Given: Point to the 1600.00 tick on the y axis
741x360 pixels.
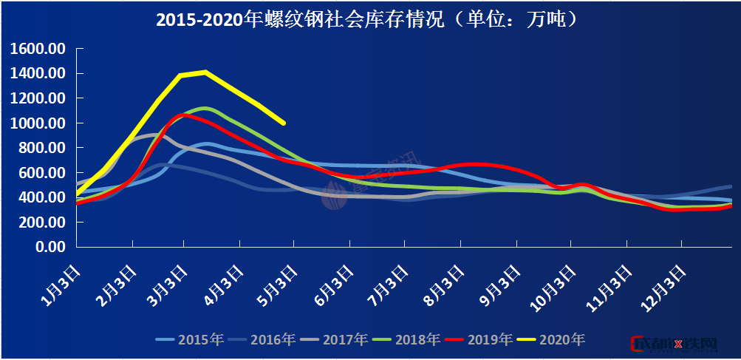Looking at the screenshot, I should (39, 49).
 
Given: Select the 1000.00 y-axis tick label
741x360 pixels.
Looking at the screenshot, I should (39, 123).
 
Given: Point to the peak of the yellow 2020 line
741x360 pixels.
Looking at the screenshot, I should (205, 72).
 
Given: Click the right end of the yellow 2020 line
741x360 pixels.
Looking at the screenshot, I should (284, 123).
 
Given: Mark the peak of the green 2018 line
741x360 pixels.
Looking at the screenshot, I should (205, 109).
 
